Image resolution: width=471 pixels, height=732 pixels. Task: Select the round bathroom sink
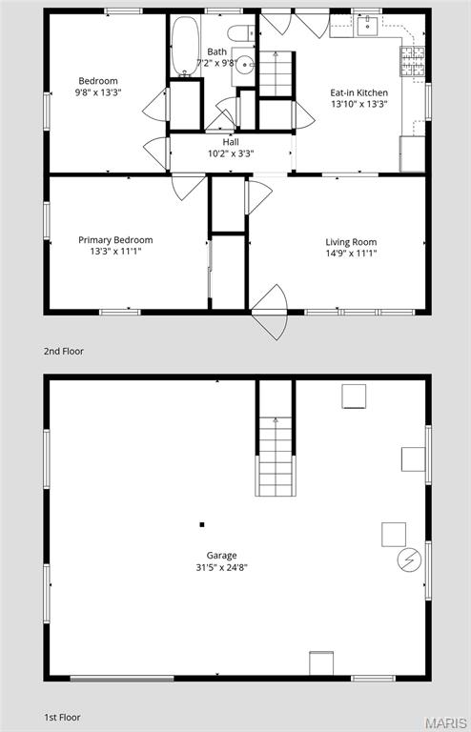244,65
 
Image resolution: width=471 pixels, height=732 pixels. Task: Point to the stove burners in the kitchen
412,62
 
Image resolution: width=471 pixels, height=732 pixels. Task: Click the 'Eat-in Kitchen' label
358,92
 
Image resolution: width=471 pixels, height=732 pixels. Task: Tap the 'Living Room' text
351,241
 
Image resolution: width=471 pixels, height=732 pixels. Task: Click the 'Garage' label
221,555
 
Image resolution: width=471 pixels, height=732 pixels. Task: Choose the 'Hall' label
231,142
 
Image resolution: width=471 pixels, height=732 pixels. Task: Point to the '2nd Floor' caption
64,351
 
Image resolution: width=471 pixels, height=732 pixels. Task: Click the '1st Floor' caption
63,716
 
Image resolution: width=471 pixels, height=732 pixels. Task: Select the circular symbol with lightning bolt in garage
409,559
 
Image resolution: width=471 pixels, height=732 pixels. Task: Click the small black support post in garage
202,524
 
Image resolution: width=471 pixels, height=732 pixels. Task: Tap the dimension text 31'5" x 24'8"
221,567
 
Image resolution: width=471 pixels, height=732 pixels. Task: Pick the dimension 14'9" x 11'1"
351,253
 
